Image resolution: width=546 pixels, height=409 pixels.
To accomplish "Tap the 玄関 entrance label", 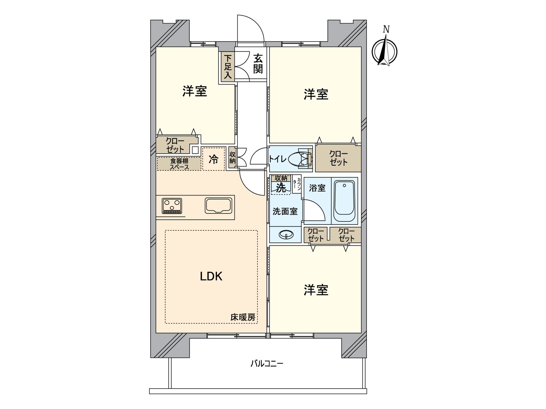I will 258,64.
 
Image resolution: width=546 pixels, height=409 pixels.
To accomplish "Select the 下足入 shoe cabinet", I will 228,67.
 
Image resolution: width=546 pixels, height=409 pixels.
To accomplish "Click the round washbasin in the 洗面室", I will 286,234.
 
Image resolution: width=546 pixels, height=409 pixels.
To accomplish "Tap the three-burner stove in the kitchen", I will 172,206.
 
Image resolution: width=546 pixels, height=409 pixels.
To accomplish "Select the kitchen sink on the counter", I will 219,206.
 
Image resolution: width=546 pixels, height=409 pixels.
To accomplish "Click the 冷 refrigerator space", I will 214,159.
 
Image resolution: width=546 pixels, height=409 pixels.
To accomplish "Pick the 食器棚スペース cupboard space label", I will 179,164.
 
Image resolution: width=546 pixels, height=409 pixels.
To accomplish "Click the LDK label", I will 211,276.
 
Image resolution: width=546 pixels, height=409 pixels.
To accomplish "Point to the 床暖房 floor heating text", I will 243,317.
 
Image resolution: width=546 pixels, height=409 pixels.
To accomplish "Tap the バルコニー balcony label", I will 267,363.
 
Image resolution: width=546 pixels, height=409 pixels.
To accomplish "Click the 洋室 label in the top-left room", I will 195,91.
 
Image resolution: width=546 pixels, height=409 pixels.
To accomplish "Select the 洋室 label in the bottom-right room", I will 316,290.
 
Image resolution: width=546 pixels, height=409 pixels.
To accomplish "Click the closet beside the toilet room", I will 338,158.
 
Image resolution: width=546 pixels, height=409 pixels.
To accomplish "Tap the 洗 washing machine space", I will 281,187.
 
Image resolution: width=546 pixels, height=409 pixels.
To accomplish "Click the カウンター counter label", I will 297,184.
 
